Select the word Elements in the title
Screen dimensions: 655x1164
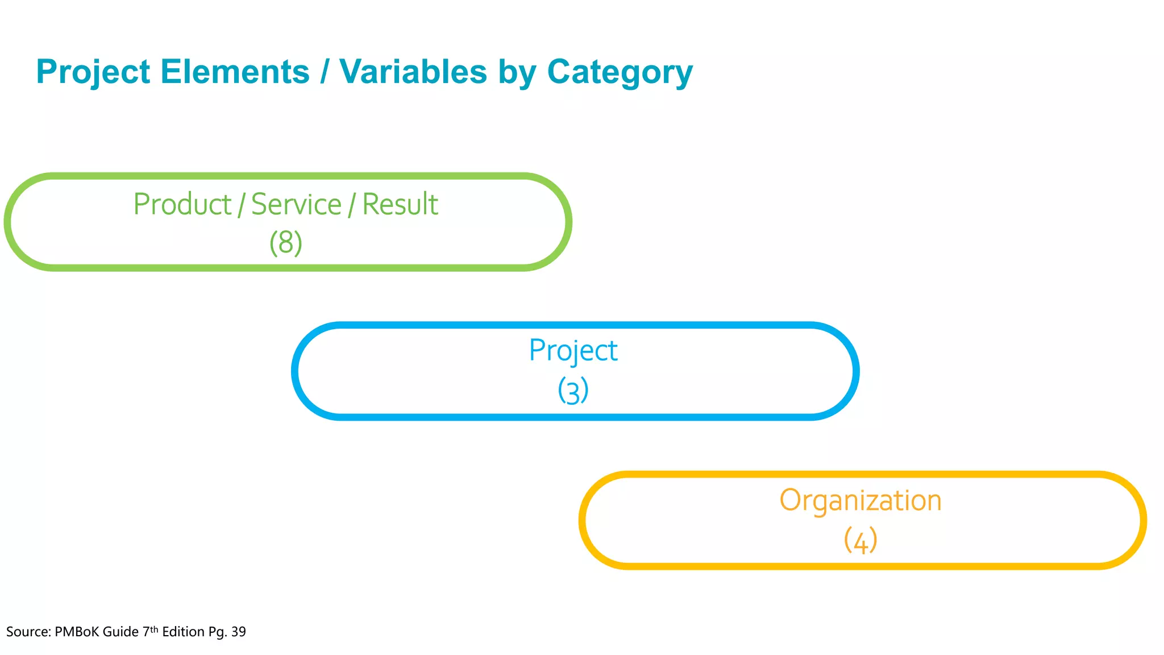click(235, 72)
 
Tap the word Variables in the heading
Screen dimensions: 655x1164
click(413, 72)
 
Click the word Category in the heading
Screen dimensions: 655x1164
click(620, 72)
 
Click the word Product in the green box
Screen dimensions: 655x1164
click(182, 204)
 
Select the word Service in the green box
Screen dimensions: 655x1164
click(296, 204)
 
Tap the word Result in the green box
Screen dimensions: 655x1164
click(400, 204)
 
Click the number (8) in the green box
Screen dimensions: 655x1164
click(286, 243)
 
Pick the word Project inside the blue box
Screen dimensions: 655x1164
click(573, 351)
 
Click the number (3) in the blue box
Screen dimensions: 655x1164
click(573, 391)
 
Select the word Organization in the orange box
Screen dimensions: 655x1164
click(860, 501)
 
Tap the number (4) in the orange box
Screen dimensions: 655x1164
click(860, 540)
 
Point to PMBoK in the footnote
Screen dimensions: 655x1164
click(77, 632)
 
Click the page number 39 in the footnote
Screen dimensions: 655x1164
click(239, 632)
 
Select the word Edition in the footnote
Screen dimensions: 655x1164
click(183, 632)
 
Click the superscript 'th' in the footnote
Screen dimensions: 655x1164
click(154, 629)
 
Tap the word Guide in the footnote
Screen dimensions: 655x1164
click(120, 632)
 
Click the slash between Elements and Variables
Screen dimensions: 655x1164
click(324, 72)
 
